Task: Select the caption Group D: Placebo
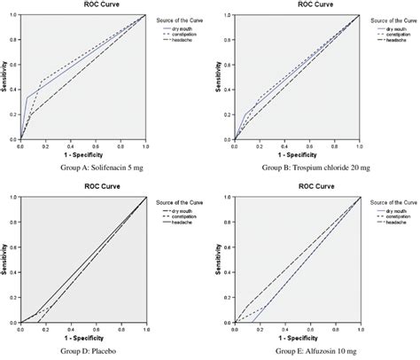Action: [83, 352]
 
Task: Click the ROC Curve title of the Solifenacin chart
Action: [84, 4]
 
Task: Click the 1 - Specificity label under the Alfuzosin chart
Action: [297, 338]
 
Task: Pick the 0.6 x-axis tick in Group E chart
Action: [309, 330]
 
